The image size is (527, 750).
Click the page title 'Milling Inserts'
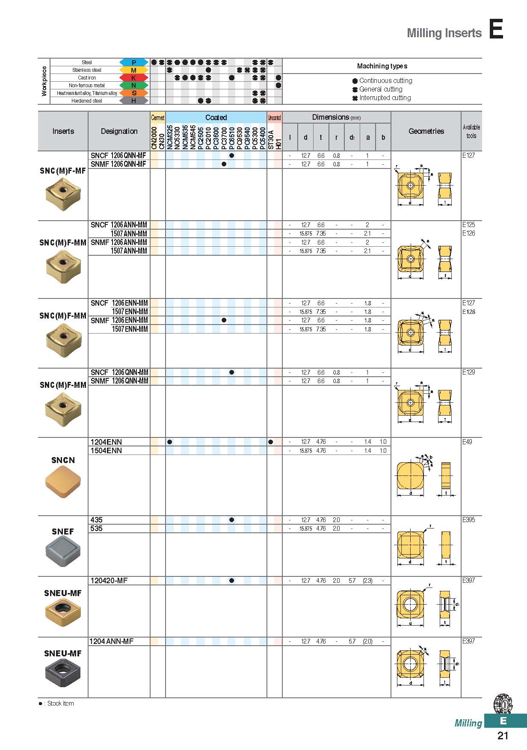pos(444,33)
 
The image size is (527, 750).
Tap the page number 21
pos(503,735)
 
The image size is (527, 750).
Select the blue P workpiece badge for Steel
pos(133,62)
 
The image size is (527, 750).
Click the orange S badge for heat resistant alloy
pos(133,93)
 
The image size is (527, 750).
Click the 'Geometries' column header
pos(426,131)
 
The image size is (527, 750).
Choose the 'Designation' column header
pos(119,131)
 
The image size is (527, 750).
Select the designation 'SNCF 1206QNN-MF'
pos(118,156)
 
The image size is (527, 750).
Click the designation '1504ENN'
pos(106,451)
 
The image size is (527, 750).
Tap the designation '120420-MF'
pos(109,581)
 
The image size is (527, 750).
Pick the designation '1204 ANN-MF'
pos(111,641)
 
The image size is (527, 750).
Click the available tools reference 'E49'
pos(467,442)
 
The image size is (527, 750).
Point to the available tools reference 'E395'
pos(468,520)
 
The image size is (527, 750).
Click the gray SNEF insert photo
pos(63,552)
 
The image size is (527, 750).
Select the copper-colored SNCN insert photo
pos(63,481)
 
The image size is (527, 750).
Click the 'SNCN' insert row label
pos(63,460)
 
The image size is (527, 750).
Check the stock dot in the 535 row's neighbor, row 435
pos(231,520)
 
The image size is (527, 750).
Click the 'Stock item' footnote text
pos(60,703)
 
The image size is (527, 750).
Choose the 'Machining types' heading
pos(382,66)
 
